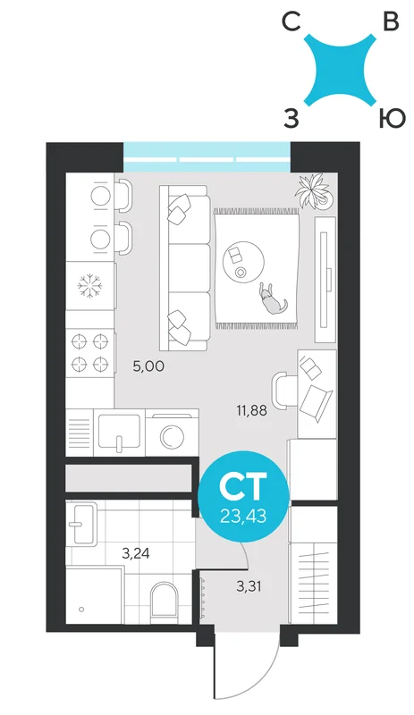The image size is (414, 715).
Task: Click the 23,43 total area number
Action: coord(243,517)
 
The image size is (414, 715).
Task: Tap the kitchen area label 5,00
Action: coord(148,366)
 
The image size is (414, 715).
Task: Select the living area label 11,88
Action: coord(251,411)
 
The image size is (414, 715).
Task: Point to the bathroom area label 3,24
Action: coord(136,553)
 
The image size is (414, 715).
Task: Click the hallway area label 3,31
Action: coord(249,586)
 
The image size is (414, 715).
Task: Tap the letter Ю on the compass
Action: coord(392,119)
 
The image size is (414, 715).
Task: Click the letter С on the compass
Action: coord(291,21)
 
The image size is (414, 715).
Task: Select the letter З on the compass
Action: coord(291,119)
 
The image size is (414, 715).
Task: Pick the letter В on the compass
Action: coord(391,21)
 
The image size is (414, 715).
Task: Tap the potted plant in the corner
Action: coord(314,191)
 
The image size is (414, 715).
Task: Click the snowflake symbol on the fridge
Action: coord(90,286)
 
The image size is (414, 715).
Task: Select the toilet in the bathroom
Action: coord(164,601)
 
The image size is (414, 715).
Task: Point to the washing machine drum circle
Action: coord(172,436)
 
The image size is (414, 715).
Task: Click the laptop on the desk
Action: coord(316,401)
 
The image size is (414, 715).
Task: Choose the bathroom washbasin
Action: coord(81,523)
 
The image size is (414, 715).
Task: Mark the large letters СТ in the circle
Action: coord(243,486)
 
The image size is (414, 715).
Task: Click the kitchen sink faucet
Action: coord(119,444)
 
